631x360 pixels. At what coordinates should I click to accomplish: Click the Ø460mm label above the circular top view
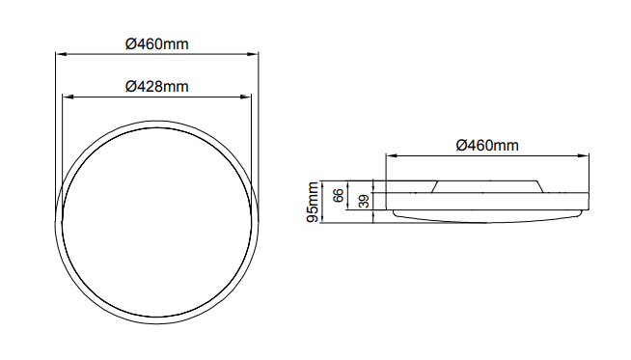point(156,43)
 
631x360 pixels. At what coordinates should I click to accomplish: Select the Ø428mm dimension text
point(156,87)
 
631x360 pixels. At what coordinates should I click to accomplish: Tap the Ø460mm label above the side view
point(487,146)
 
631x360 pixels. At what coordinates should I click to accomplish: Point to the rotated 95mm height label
point(313,202)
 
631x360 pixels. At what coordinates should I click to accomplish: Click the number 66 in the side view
point(339,196)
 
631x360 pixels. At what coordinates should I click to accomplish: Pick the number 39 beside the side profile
point(364,201)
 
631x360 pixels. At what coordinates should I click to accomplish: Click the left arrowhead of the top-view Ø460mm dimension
point(61,53)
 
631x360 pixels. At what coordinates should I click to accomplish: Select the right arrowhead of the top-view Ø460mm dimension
point(253,53)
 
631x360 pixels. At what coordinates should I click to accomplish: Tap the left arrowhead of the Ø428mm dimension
point(68,97)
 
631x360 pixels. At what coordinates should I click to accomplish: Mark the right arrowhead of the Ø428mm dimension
point(245,97)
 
